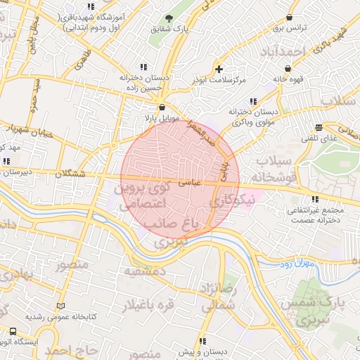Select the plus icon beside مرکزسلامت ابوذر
tap(219, 69)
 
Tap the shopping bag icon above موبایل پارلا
tap(162, 107)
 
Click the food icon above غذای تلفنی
tap(319, 127)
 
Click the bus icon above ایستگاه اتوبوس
tap(13, 331)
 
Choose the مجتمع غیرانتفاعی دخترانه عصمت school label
tap(315, 215)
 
